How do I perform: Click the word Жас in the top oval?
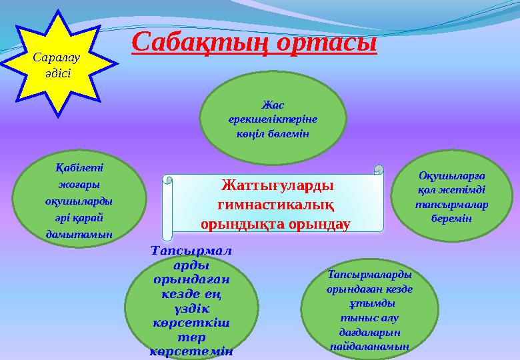point(273,105)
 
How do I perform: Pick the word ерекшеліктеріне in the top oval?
point(273,119)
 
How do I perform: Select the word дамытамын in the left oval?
point(79,234)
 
